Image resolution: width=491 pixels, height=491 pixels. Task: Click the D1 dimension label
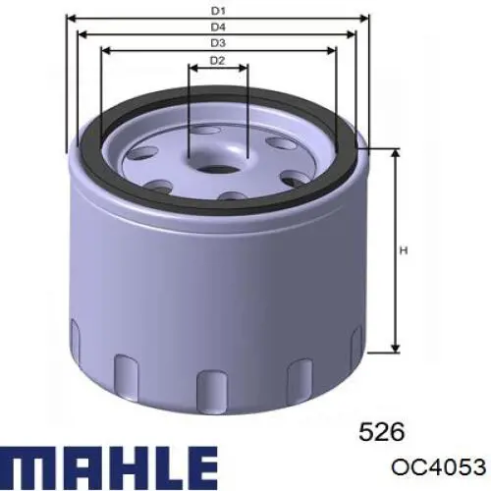(x=217, y=11)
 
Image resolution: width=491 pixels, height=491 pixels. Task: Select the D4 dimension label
(x=217, y=27)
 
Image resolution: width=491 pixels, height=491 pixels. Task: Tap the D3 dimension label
(x=217, y=43)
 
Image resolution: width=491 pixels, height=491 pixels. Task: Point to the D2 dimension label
(x=217, y=62)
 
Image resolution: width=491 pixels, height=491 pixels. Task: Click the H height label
(x=403, y=251)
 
